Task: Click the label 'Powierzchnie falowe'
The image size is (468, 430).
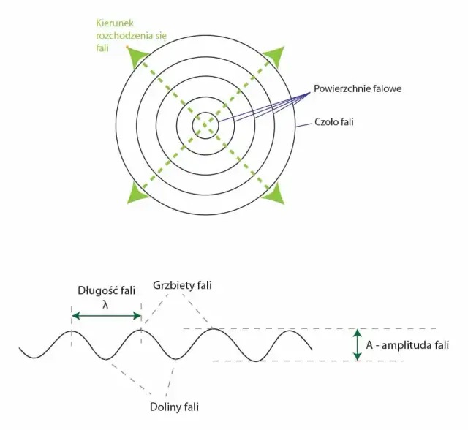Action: coord(358,88)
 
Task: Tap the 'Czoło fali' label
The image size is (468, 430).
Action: coord(333,122)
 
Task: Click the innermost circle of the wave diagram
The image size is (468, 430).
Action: coord(205,126)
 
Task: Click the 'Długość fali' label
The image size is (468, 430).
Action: coord(106,290)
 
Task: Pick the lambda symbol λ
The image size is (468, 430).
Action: coord(106,302)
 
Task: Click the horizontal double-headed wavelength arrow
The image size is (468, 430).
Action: coord(106,315)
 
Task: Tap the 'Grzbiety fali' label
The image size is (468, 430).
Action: coord(183,284)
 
